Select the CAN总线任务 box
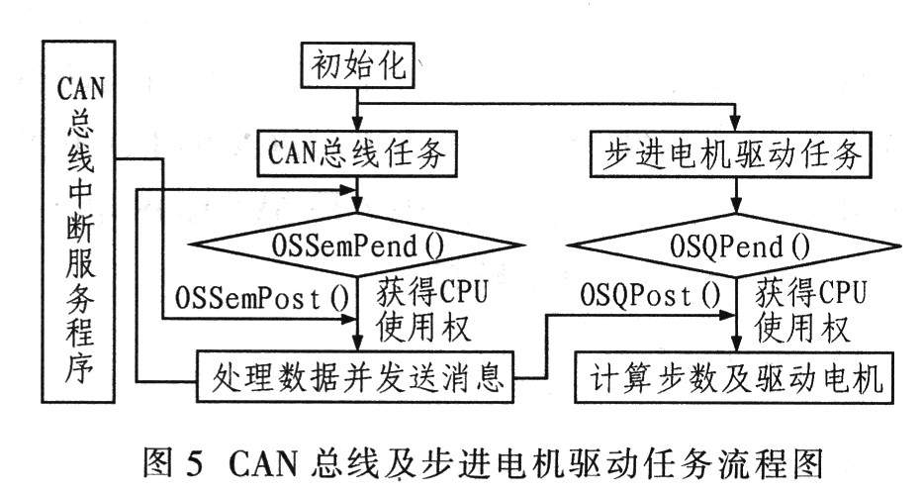[357, 153]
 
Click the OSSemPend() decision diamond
[358, 241]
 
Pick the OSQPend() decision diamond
[735, 241]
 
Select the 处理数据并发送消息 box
[357, 377]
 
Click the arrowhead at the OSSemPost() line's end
[350, 320]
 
